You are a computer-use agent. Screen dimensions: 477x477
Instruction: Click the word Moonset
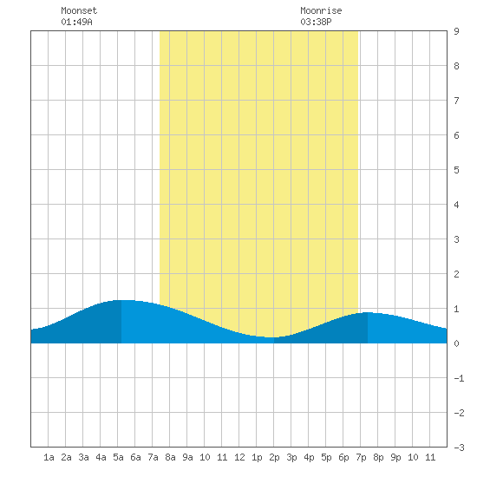[79, 10]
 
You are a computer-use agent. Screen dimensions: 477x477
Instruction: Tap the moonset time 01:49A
[76, 22]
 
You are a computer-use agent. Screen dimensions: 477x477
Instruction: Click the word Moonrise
[321, 10]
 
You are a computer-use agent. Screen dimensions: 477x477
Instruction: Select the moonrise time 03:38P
[316, 22]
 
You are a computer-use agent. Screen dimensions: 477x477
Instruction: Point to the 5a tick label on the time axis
[118, 457]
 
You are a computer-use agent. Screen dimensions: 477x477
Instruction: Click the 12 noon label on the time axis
[239, 457]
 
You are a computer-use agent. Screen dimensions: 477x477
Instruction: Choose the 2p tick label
[274, 457]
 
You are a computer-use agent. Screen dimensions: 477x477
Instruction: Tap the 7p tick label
[361, 457]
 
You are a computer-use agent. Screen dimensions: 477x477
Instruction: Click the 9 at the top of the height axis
[456, 31]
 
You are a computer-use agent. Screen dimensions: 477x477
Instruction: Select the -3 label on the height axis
[459, 448]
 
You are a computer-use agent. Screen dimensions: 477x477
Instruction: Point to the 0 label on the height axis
[456, 343]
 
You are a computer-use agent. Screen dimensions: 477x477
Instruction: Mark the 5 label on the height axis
[456, 170]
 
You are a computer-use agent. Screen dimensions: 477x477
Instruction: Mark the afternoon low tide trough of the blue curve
[271, 337]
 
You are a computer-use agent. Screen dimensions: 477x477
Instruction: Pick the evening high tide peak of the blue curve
[368, 312]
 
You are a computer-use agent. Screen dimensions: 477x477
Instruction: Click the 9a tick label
[187, 457]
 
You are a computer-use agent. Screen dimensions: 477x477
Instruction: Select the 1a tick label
[49, 457]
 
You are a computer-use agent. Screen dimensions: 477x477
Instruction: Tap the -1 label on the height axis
[459, 378]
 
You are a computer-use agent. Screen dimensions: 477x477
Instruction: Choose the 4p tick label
[309, 457]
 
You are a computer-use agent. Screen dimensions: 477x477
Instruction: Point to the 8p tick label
[378, 457]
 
